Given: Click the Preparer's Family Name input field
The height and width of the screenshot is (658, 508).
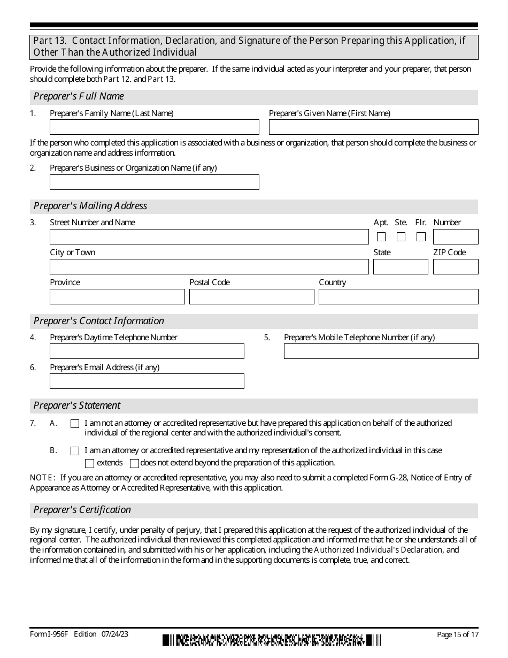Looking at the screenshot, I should pyautogui.click(x=154, y=127).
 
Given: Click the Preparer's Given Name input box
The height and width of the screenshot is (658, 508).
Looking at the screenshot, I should pyautogui.click(x=373, y=127).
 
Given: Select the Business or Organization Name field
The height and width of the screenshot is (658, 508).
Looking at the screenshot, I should pyautogui.click(x=154, y=182).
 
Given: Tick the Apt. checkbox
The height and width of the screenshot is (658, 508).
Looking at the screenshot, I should pyautogui.click(x=381, y=236).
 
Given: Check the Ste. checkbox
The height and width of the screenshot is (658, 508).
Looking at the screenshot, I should pyautogui.click(x=401, y=236).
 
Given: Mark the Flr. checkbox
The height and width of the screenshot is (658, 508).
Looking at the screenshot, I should pyautogui.click(x=421, y=236).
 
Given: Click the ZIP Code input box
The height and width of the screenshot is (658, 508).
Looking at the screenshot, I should pyautogui.click(x=456, y=267).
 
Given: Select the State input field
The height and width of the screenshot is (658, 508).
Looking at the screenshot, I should pyautogui.click(x=401, y=267).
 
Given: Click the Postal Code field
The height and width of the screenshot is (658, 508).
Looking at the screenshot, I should pyautogui.click(x=251, y=297).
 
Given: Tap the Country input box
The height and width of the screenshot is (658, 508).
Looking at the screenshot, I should pyautogui.click(x=398, y=297).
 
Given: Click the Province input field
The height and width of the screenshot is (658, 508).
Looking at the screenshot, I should pyautogui.click(x=117, y=297).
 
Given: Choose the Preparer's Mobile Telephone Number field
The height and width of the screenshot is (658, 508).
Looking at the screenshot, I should pyautogui.click(x=381, y=351).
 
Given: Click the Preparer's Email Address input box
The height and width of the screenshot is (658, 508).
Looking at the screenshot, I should pyautogui.click(x=147, y=381).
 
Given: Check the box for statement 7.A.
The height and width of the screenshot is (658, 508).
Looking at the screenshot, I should pyautogui.click(x=75, y=424).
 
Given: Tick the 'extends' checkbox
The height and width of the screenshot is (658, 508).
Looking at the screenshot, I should pyautogui.click(x=90, y=463).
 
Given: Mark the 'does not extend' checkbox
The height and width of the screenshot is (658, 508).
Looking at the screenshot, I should pyautogui.click(x=134, y=463).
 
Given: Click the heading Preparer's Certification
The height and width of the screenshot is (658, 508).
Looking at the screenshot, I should pyautogui.click(x=82, y=510).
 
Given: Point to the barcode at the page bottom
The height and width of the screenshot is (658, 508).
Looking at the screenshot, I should pyautogui.click(x=272, y=640).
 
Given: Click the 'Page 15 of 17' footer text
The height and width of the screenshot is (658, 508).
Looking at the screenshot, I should pyautogui.click(x=457, y=634).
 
